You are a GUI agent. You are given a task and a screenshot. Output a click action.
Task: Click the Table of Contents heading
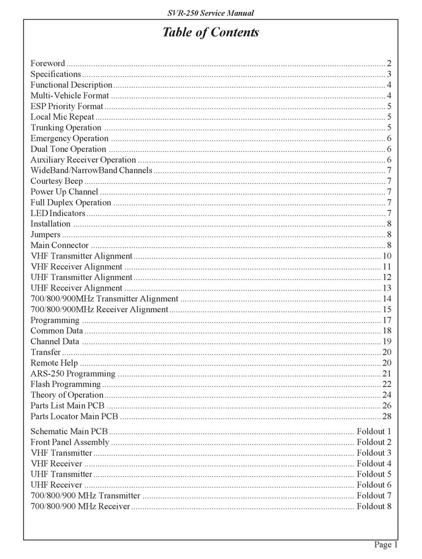tap(210, 33)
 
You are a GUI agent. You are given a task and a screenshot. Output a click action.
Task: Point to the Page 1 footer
tap(386, 545)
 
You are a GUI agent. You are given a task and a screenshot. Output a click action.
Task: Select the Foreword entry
tap(48, 63)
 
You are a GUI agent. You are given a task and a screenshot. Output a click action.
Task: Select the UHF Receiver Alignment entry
tap(76, 288)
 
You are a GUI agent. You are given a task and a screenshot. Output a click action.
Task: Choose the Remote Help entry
tap(54, 362)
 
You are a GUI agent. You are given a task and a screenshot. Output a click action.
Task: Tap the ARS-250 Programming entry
tap(73, 373)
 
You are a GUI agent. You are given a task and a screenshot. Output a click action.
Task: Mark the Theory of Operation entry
tap(67, 395)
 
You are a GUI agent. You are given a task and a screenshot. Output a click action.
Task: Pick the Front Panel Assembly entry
tap(70, 442)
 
